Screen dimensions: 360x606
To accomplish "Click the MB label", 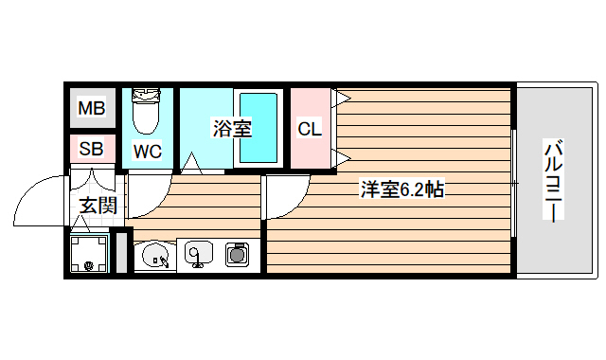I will [x=92, y=108].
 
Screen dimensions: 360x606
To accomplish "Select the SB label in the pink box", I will [x=92, y=148].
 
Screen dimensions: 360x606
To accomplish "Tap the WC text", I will [x=147, y=151].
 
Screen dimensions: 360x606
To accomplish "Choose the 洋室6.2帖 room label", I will [x=402, y=189].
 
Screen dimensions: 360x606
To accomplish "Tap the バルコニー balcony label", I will [x=555, y=180].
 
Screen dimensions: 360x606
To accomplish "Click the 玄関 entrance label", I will [x=98, y=205].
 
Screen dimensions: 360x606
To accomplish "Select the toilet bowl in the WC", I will [x=147, y=113].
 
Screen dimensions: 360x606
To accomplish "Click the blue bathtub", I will [x=258, y=128].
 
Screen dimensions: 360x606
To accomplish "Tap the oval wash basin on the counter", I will [x=154, y=254].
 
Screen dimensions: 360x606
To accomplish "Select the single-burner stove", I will [x=236, y=253].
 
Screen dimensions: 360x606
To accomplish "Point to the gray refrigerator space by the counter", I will [x=120, y=252].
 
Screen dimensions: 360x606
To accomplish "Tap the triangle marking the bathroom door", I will [x=193, y=166].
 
